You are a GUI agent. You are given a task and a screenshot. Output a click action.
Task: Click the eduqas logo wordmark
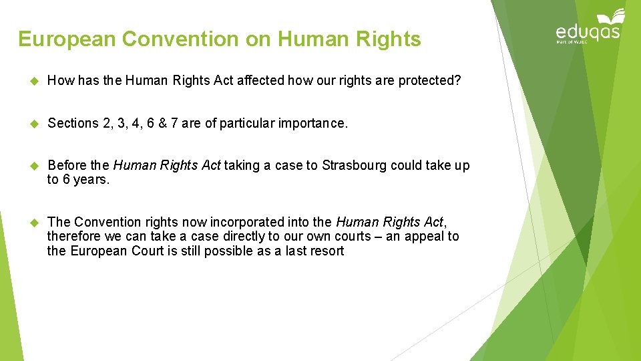588,31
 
